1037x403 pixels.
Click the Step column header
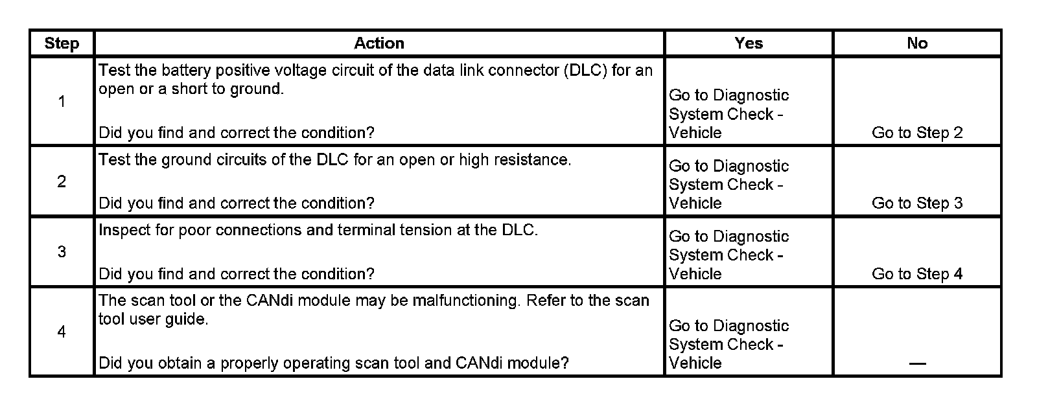[x=62, y=43]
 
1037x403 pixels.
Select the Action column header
[x=379, y=43]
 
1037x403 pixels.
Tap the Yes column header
[x=749, y=43]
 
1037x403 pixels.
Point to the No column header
[x=917, y=43]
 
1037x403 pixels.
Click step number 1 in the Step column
[x=62, y=102]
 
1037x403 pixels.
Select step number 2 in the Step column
[x=62, y=181]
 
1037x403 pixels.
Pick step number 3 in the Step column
[x=62, y=251]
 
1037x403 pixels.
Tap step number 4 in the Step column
[x=62, y=332]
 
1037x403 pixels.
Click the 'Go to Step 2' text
[x=917, y=133]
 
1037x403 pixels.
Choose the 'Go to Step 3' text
[x=917, y=203]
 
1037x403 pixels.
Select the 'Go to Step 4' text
[x=917, y=274]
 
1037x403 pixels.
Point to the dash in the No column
[x=917, y=363]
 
